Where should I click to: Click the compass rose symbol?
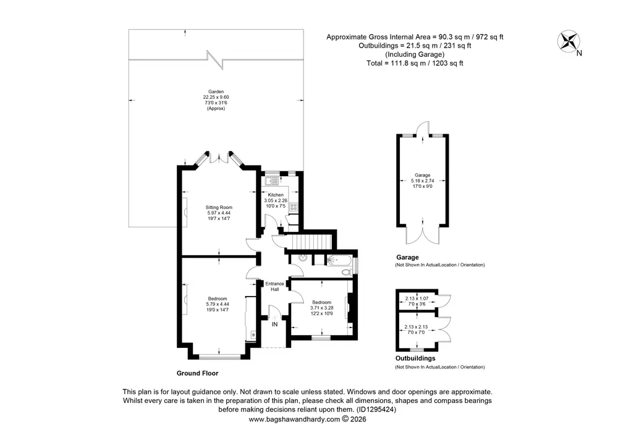click(x=569, y=41)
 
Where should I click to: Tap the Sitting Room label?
click(x=219, y=207)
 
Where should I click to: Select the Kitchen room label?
click(x=276, y=195)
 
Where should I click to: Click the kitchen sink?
click(x=271, y=181)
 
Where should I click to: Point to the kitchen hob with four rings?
click(x=293, y=207)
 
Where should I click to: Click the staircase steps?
click(x=311, y=241)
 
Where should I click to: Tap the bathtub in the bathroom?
click(x=339, y=260)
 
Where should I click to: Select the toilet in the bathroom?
click(x=347, y=272)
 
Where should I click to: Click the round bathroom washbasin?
click(x=303, y=258)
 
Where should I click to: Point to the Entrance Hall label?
click(x=275, y=286)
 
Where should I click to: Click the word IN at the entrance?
click(x=275, y=325)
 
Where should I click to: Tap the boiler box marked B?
click(x=253, y=335)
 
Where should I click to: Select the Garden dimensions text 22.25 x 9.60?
click(x=216, y=97)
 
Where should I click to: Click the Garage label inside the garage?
click(x=423, y=176)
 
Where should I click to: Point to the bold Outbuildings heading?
click(x=415, y=358)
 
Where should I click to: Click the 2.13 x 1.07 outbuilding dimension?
click(x=417, y=299)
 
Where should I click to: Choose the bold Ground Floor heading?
click(x=198, y=373)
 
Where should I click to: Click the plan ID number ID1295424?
click(x=376, y=409)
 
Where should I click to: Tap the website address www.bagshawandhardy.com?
click(x=294, y=419)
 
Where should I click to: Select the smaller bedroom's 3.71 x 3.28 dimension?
click(x=321, y=308)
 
